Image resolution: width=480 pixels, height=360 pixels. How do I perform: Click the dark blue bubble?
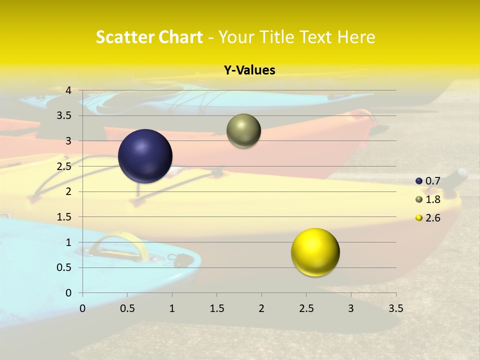click(145, 156)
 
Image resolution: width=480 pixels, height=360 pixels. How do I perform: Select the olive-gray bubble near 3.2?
click(243, 131)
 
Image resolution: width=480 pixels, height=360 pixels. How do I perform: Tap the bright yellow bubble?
click(315, 252)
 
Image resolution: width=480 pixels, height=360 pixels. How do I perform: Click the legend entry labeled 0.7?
click(428, 181)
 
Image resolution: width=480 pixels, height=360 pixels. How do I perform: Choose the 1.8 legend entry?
click(428, 199)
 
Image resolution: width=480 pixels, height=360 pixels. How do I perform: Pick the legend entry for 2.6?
click(428, 218)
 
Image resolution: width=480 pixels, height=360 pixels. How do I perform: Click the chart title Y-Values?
click(249, 70)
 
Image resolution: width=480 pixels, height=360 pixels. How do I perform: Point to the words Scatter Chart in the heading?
click(149, 37)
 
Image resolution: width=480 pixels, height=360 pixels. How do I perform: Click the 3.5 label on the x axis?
click(395, 308)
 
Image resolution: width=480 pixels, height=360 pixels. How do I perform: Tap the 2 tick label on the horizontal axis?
click(261, 308)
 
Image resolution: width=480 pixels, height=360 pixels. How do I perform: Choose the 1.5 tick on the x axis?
click(216, 308)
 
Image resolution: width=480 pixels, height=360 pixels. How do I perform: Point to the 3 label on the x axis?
click(351, 308)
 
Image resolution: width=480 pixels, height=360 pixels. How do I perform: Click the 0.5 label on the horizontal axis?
click(127, 308)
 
